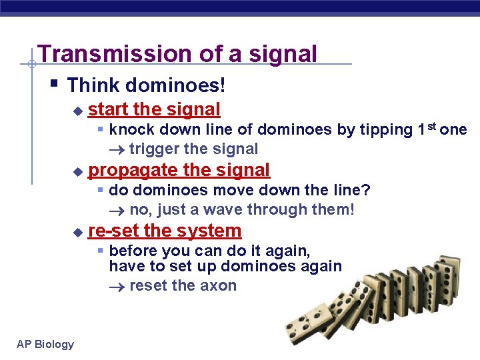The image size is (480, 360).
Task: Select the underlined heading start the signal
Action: [x=154, y=109]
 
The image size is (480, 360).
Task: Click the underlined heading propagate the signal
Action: [x=179, y=170]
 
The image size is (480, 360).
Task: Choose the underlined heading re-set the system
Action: [x=165, y=231]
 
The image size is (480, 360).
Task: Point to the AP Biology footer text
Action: [x=45, y=344]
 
